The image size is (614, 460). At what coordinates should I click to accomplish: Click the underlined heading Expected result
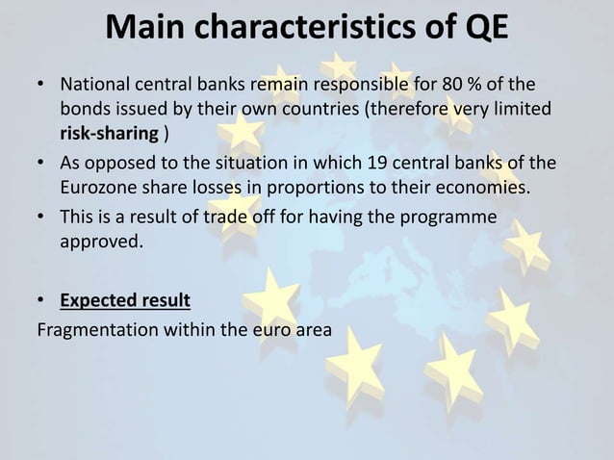click(x=125, y=300)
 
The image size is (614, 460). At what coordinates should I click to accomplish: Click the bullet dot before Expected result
click(x=43, y=301)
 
